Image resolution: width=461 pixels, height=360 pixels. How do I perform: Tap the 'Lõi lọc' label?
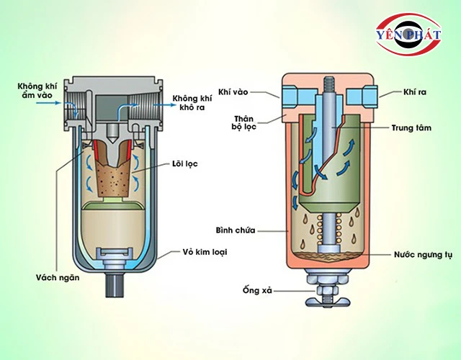click(x=185, y=164)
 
